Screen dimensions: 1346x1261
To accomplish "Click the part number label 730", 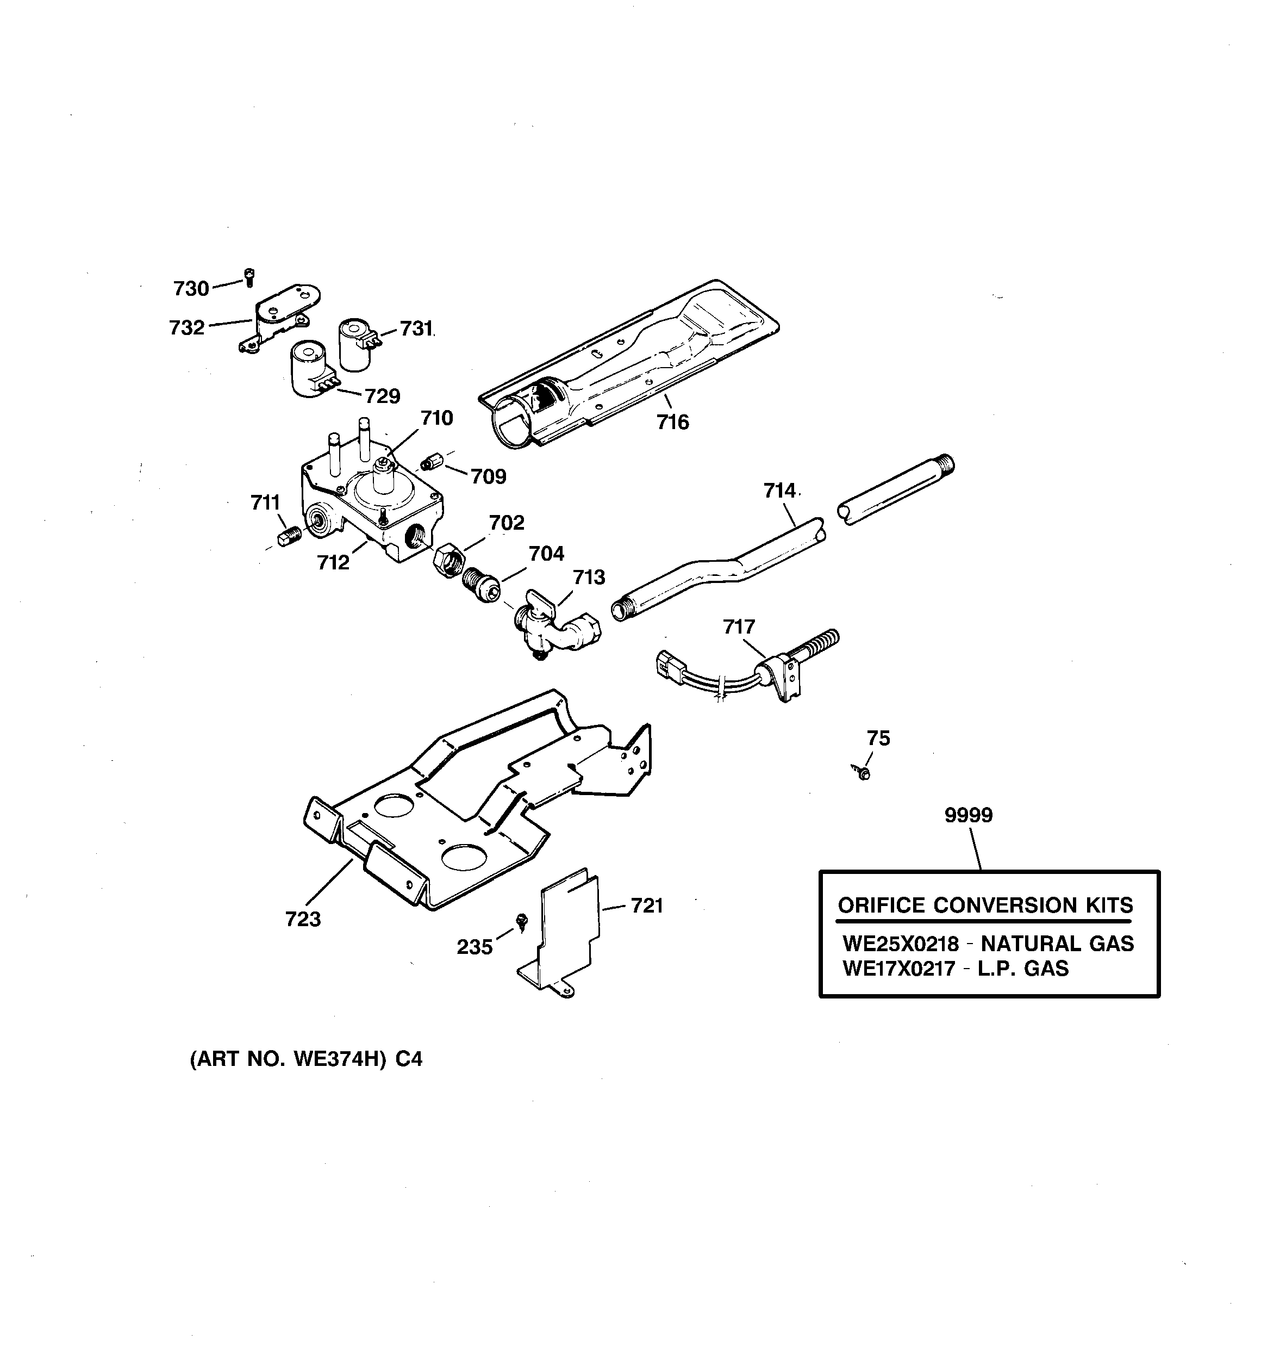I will click(191, 289).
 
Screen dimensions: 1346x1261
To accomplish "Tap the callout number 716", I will click(672, 423).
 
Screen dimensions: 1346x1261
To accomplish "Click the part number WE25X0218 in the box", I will click(900, 944).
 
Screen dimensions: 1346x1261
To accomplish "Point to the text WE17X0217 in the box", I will click(899, 969).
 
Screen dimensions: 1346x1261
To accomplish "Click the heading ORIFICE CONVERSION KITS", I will click(985, 905).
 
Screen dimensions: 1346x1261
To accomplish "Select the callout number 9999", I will click(968, 815).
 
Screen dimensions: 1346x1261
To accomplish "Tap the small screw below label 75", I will click(863, 772).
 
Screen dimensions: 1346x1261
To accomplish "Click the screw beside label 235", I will click(522, 921).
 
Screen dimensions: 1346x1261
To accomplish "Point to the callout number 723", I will click(303, 920).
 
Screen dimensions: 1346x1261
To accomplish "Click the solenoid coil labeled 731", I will click(355, 345).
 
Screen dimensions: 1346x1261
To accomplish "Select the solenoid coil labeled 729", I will click(310, 369).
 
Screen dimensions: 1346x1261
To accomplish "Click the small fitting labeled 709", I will click(428, 463).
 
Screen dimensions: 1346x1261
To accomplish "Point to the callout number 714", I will click(779, 491).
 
